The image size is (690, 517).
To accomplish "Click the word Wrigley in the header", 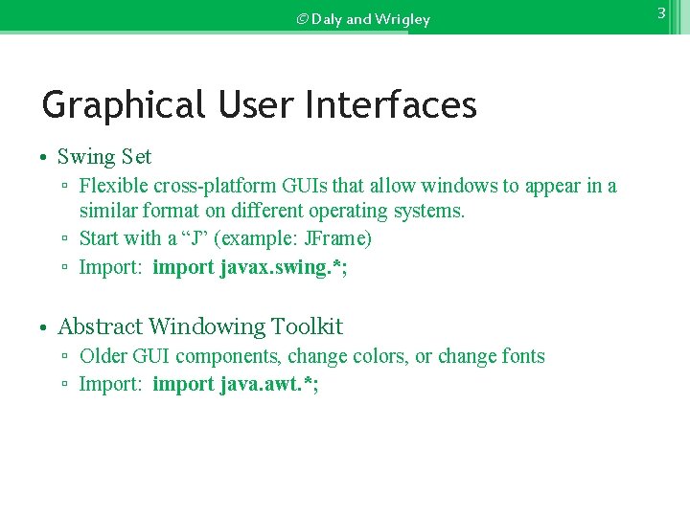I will coord(403,19).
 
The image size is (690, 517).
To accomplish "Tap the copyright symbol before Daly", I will coord(302,19).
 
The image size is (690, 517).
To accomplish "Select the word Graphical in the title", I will coord(123,105).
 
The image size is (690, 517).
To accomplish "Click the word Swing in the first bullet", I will coord(87,157).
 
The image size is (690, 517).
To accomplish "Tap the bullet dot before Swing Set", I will coord(45,157).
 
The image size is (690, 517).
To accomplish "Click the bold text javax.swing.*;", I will coord(284,267).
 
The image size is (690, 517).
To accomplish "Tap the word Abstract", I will coord(100,327).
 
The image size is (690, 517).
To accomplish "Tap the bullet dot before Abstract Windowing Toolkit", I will coord(45,327).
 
